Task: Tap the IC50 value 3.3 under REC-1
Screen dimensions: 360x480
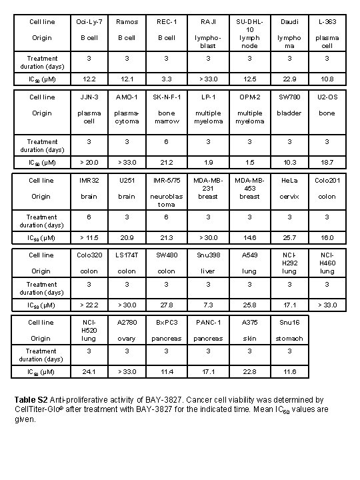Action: [167, 79]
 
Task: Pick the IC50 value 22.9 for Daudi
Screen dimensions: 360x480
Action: [289, 79]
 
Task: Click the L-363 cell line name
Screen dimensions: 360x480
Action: [327, 21]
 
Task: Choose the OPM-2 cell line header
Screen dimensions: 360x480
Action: [250, 97]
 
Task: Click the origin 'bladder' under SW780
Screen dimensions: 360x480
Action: [289, 113]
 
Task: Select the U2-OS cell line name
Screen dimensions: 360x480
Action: [327, 97]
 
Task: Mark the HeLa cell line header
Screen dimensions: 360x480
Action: [289, 180]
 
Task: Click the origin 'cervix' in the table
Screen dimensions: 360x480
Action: [289, 196]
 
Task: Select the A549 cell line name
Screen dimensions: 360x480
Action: [250, 255]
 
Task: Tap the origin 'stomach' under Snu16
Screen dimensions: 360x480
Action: [289, 338]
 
